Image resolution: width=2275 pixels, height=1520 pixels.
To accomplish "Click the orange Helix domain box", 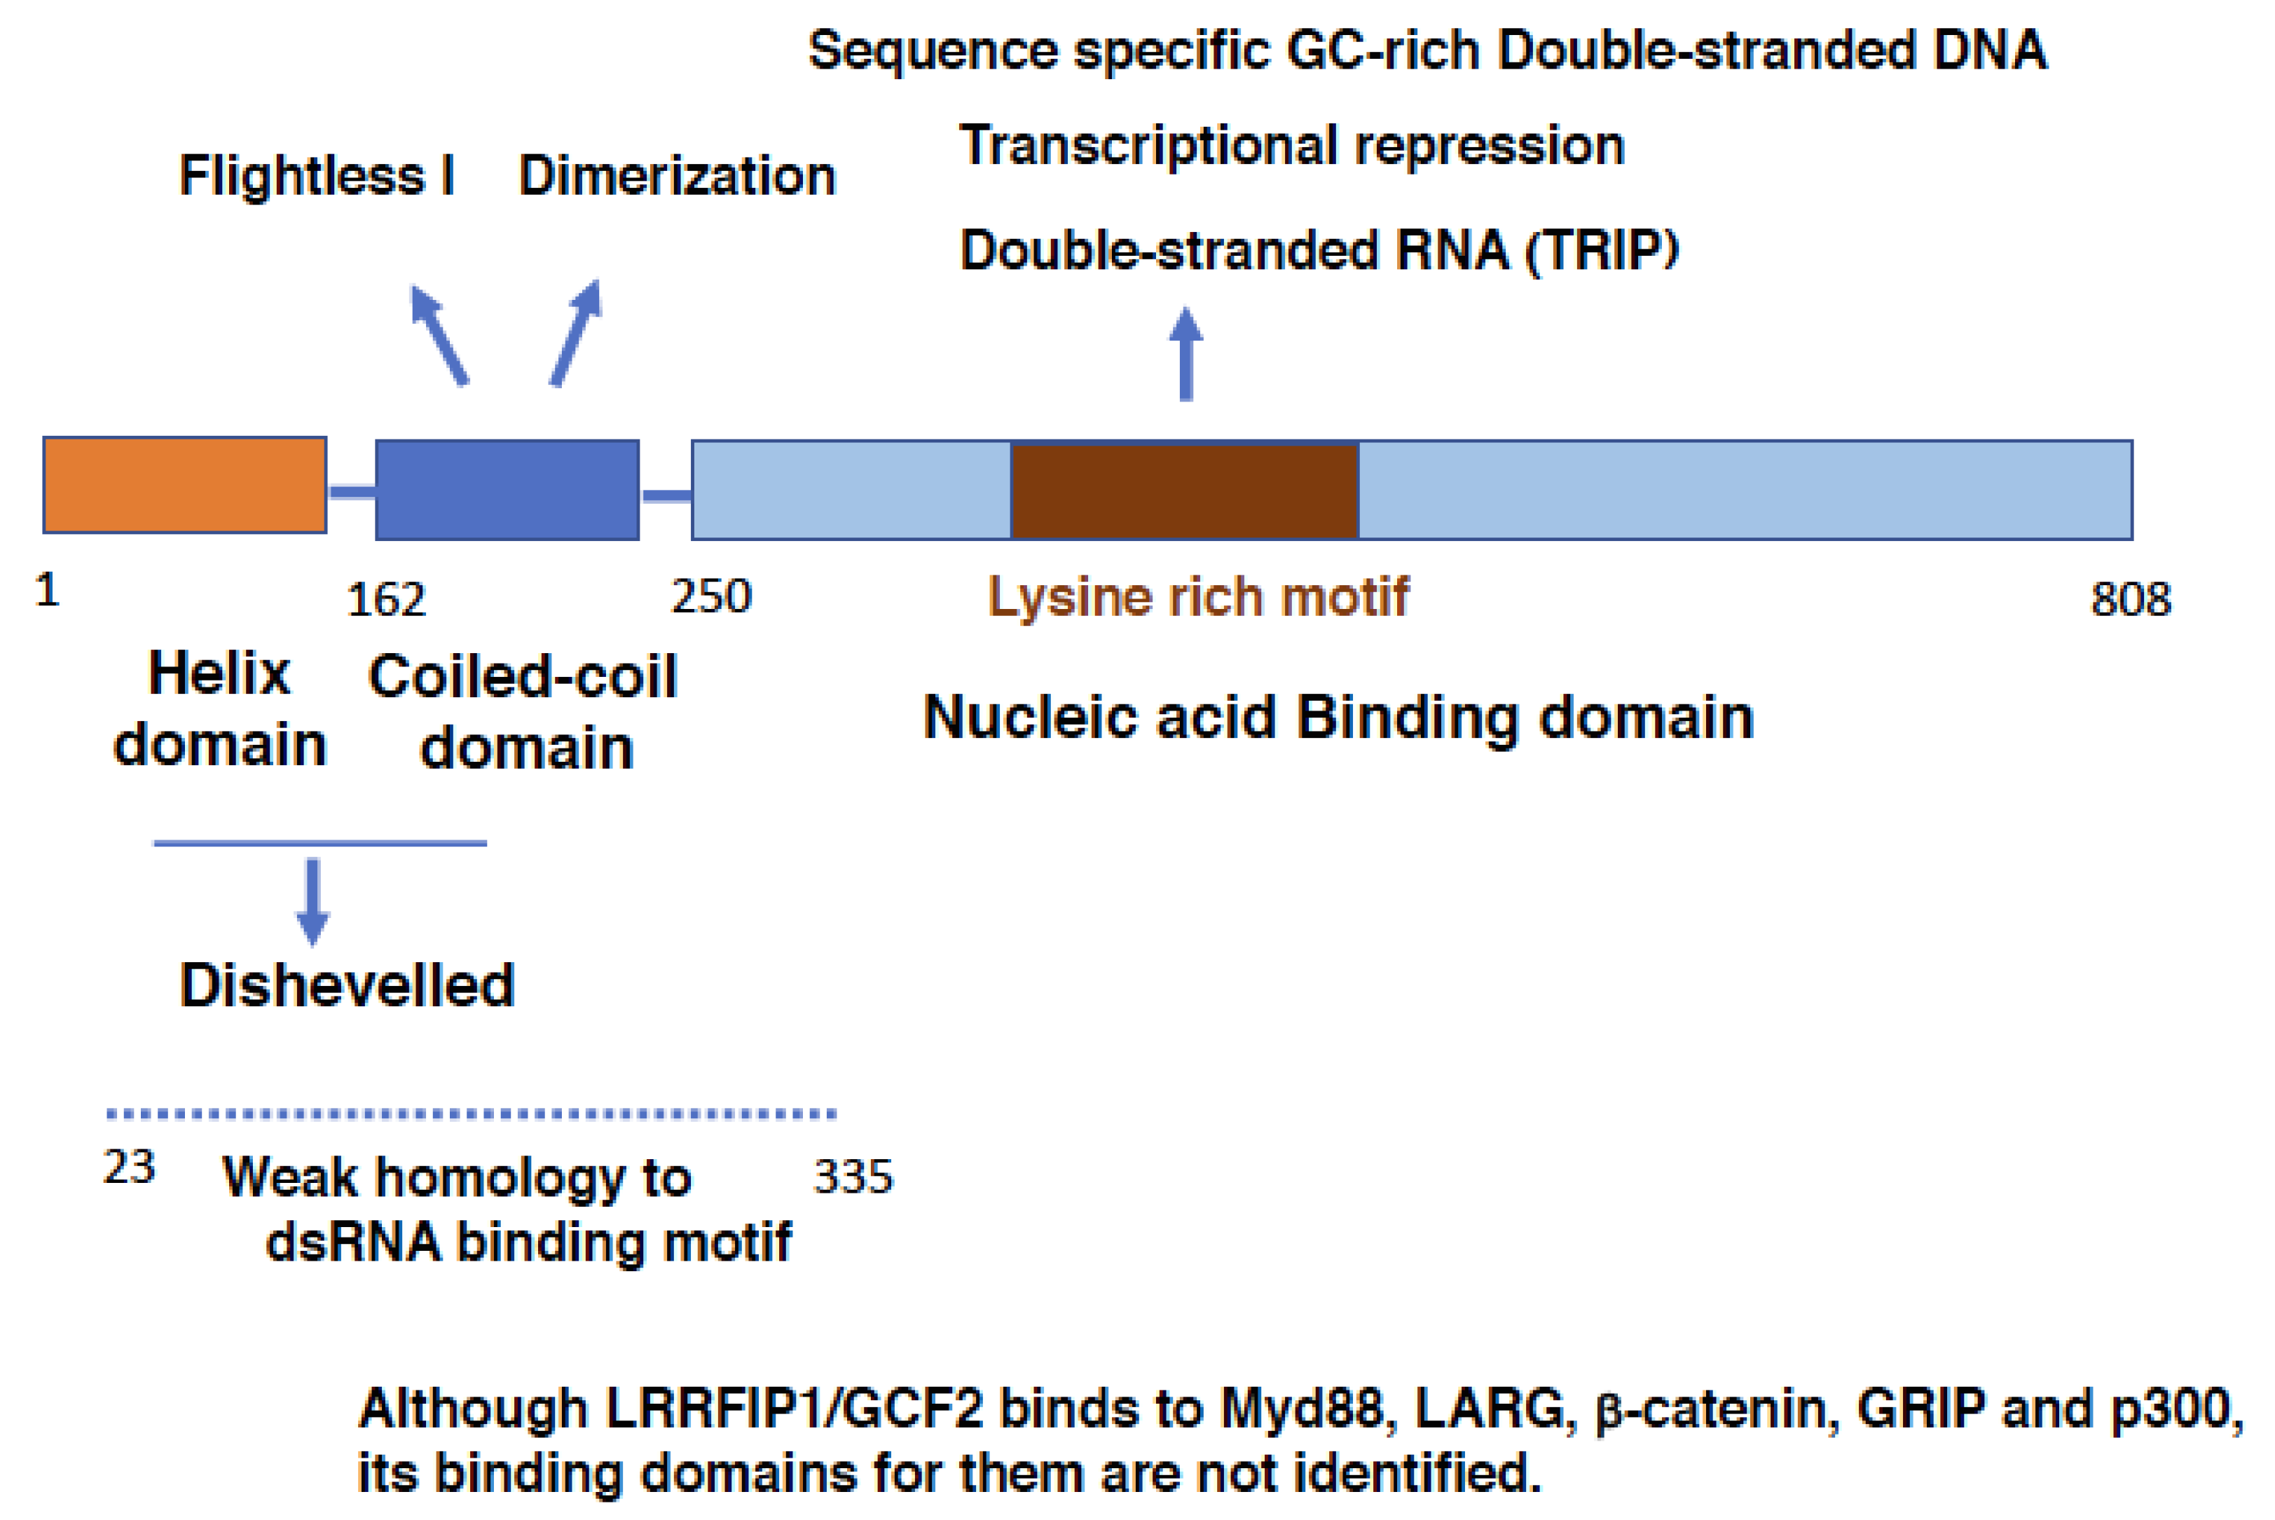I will click(x=184, y=485).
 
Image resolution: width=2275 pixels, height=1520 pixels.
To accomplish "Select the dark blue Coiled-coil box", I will click(x=507, y=490).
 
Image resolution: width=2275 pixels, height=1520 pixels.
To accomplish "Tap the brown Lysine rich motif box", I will click(x=1184, y=490).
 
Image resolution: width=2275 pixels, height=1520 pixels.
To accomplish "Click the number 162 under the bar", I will click(x=385, y=600).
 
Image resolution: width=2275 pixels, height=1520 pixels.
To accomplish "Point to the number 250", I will click(x=711, y=596).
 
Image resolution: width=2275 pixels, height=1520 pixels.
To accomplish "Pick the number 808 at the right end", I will click(x=2131, y=599).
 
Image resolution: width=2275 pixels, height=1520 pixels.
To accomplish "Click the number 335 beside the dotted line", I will click(x=853, y=1177).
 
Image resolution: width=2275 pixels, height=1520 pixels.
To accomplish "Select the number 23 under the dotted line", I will click(x=129, y=1167).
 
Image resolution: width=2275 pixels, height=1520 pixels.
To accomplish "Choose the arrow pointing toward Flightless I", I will click(x=439, y=334).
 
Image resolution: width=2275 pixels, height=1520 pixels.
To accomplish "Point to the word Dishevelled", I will click(x=347, y=986).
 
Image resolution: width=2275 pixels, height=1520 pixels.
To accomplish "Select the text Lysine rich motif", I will click(x=1197, y=596).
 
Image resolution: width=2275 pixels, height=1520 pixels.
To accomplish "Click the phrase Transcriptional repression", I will click(x=1291, y=145).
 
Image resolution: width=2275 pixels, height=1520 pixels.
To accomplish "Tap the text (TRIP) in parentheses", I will click(x=1602, y=250).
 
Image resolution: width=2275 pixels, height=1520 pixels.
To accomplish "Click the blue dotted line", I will click(x=471, y=1114).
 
